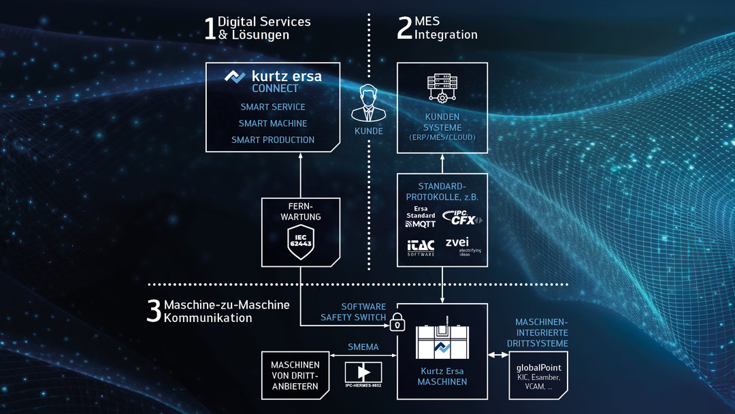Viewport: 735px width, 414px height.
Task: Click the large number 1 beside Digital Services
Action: coord(210,29)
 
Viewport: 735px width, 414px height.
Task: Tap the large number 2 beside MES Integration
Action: coord(404,29)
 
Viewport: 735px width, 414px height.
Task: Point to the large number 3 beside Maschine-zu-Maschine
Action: coord(154,311)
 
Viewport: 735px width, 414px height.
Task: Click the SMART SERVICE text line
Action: coord(273,107)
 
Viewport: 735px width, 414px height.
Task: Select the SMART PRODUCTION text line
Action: coord(273,140)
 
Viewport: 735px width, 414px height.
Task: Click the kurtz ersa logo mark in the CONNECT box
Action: coord(235,76)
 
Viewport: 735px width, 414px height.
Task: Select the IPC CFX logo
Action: coord(462,218)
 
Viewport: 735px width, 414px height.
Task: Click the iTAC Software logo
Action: coord(421,246)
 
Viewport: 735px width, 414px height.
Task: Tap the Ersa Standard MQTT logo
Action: coord(421,216)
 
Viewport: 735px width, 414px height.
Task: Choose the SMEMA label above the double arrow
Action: coord(363,346)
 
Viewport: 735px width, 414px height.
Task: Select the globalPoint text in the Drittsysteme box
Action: coord(539,368)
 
